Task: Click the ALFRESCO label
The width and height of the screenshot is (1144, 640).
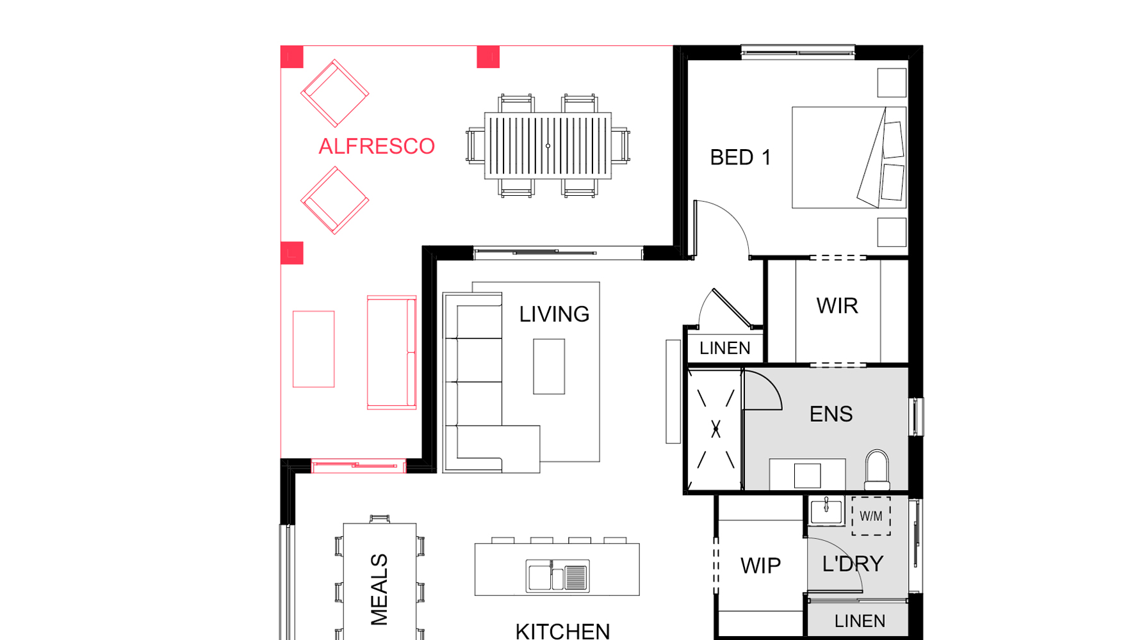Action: pyautogui.click(x=377, y=147)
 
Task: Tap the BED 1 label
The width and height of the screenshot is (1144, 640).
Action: pyautogui.click(x=740, y=157)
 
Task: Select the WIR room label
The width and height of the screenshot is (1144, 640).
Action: pyautogui.click(x=837, y=306)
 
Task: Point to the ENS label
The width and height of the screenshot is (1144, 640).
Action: pyautogui.click(x=831, y=414)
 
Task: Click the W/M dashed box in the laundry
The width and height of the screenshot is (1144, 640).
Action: pyautogui.click(x=871, y=516)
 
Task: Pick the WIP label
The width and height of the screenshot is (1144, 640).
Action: pyautogui.click(x=760, y=566)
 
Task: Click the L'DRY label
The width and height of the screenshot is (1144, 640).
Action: pyautogui.click(x=853, y=564)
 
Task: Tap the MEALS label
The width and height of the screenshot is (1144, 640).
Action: pyautogui.click(x=379, y=589)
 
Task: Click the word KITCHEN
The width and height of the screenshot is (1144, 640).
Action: pyautogui.click(x=562, y=632)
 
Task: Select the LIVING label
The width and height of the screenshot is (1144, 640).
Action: pyautogui.click(x=554, y=314)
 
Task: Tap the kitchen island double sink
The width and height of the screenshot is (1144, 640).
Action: pyautogui.click(x=557, y=575)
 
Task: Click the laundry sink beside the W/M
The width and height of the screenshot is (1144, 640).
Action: pyautogui.click(x=826, y=511)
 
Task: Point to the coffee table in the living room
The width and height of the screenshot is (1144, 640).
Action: pyautogui.click(x=549, y=367)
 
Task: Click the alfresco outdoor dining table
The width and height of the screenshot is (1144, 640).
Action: pyautogui.click(x=548, y=146)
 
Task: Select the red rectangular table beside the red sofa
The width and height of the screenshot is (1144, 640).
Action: pyautogui.click(x=313, y=349)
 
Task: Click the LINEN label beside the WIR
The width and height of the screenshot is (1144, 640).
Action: pyautogui.click(x=724, y=348)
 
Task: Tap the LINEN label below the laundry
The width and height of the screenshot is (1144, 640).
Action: pyautogui.click(x=860, y=621)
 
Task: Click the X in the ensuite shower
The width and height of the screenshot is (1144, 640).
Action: pyautogui.click(x=715, y=429)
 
